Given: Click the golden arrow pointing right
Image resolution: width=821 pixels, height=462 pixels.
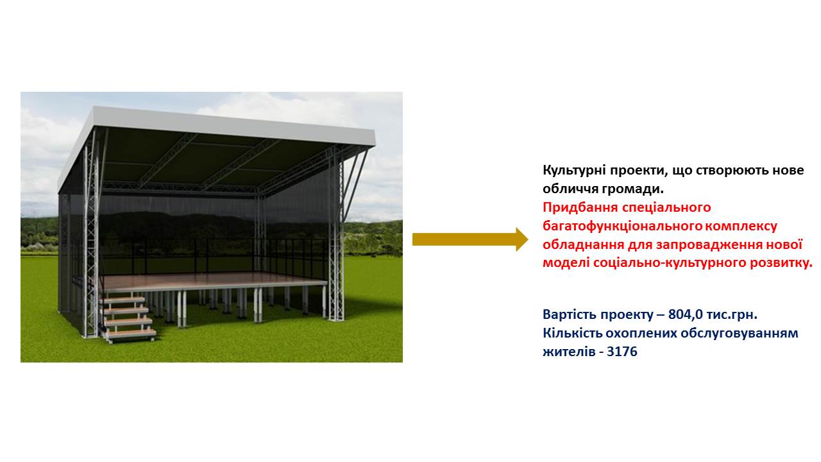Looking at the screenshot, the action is [x=470, y=239].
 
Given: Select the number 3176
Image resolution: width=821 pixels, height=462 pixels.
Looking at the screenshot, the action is [x=622, y=351].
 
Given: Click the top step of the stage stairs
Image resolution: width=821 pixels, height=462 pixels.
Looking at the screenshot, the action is [x=123, y=300].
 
